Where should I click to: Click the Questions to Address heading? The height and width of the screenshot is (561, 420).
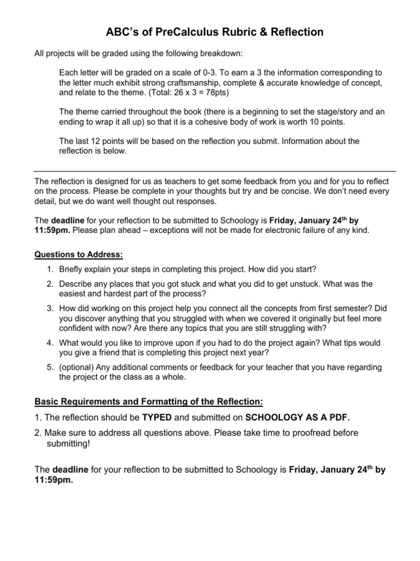[79, 255]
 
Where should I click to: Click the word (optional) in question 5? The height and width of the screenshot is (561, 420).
[79, 367]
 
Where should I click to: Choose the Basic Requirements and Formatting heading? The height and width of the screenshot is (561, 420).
[149, 402]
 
